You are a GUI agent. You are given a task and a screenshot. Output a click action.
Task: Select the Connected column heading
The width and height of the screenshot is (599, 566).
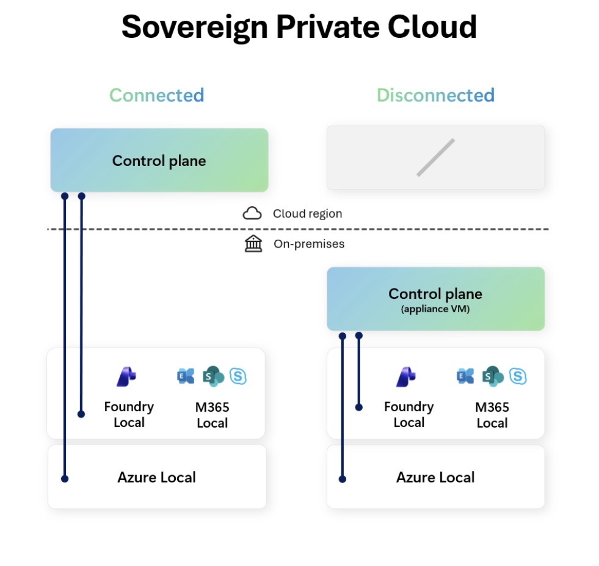point(156,95)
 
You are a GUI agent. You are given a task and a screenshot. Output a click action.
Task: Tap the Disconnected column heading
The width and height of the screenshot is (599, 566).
point(435,95)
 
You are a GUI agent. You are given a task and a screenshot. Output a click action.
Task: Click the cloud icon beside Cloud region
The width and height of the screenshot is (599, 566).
point(252,213)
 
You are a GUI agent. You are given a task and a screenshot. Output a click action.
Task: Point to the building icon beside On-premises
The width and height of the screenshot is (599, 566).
point(253,244)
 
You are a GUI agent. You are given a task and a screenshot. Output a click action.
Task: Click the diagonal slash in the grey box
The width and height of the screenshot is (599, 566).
point(435,157)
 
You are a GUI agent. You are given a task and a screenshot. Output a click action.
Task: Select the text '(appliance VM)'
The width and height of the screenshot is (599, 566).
point(435,309)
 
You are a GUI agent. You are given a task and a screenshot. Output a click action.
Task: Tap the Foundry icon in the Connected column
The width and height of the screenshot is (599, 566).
point(126,377)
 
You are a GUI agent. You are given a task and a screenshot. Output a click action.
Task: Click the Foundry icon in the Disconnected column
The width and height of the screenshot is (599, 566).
point(406,377)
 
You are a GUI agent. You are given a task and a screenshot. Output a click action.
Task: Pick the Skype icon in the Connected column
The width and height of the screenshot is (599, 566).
point(238,376)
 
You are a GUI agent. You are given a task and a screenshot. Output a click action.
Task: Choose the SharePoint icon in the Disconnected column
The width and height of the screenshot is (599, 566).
point(492,376)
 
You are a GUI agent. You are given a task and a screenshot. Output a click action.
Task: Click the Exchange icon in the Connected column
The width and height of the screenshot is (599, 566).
point(185,376)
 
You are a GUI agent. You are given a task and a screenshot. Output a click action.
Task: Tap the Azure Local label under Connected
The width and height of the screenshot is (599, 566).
point(156,477)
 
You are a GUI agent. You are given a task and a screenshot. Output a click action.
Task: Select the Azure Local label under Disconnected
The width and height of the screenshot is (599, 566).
point(435,477)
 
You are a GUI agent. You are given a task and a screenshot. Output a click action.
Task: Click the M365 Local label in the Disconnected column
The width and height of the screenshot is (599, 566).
point(492,415)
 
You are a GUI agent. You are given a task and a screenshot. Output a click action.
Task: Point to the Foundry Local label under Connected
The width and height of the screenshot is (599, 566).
point(129,414)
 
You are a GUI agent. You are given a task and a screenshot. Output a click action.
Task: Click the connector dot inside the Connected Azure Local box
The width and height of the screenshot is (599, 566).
point(65,479)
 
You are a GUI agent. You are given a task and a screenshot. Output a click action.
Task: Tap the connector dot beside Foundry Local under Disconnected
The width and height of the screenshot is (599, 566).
point(359,407)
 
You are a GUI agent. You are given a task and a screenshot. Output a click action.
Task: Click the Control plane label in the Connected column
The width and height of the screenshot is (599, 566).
point(159,161)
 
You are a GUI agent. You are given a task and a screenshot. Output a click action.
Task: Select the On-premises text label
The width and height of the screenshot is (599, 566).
point(308,244)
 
